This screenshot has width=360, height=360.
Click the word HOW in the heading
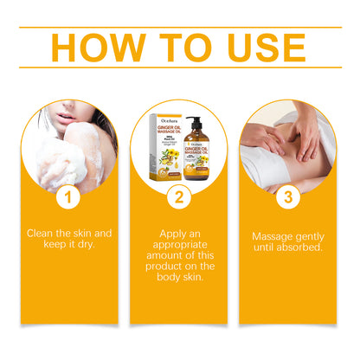(x=96, y=49)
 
